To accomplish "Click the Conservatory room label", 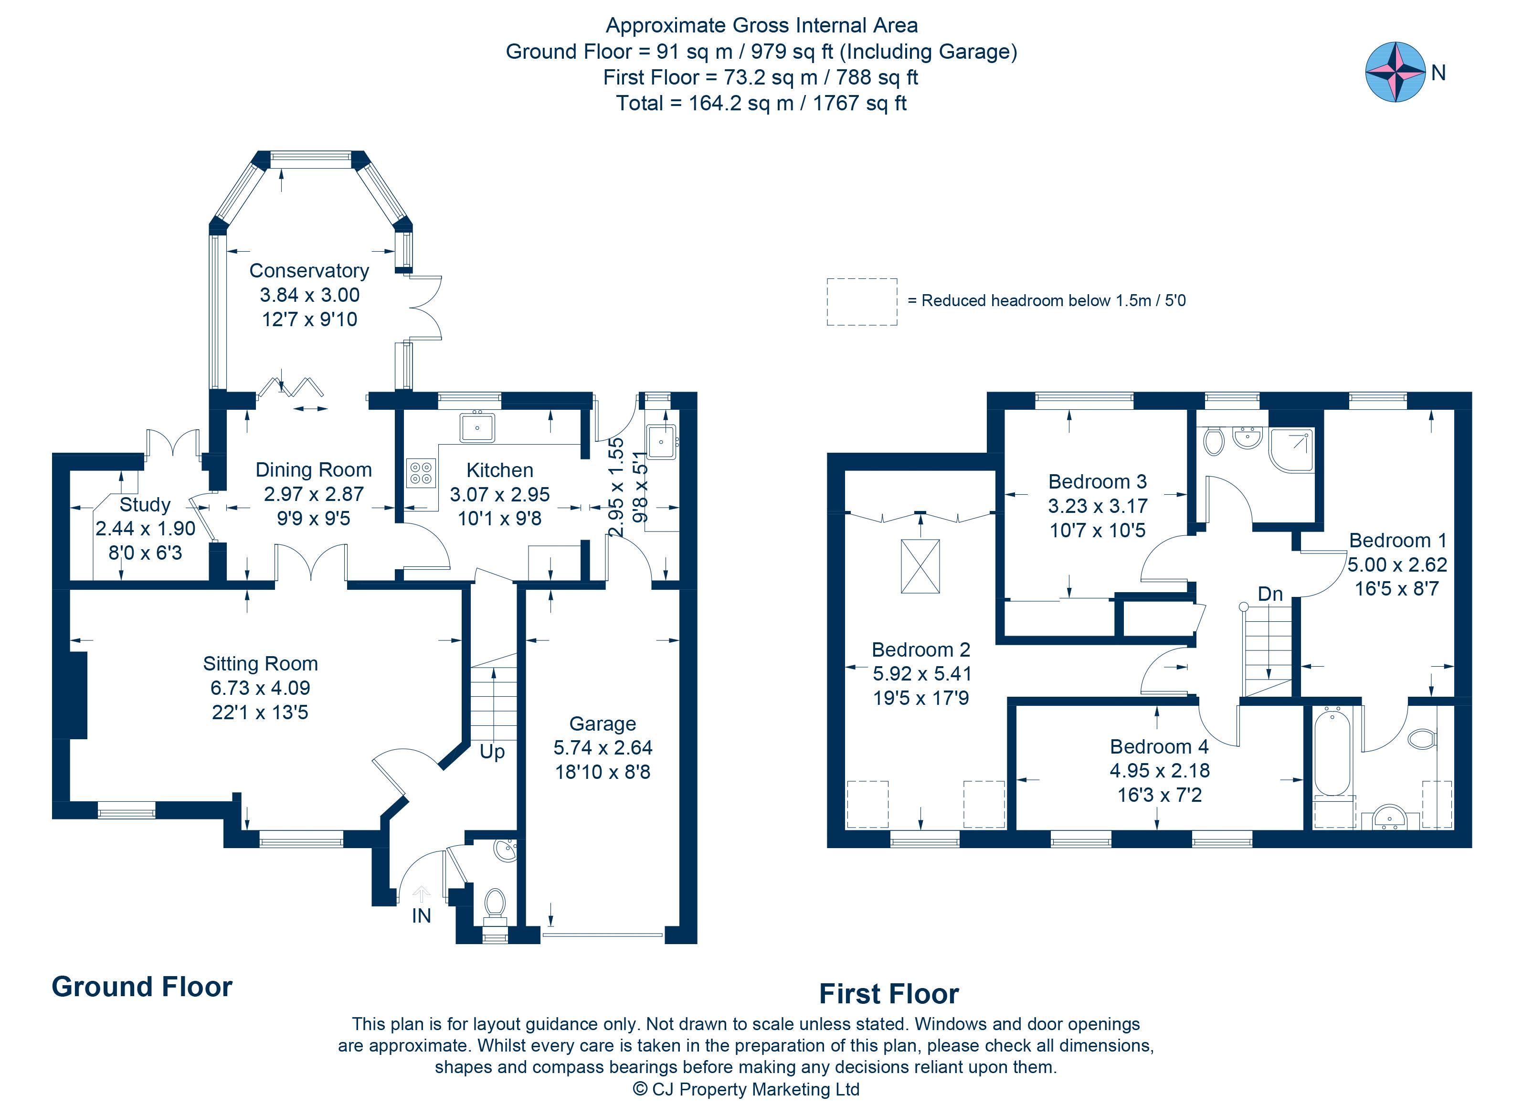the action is point(309,271).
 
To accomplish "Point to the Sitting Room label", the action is point(261,663).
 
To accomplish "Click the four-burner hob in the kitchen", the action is point(421,473).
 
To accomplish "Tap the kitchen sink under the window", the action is point(477,426).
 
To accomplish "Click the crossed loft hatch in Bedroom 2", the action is point(920,566).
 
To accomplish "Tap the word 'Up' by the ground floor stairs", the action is point(492,752).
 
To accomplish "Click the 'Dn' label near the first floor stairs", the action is point(1270,594).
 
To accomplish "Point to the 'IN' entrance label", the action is point(421,916).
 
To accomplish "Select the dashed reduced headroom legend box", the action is point(862,302).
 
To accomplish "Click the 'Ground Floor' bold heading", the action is point(142,987).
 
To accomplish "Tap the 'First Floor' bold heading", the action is point(889,994).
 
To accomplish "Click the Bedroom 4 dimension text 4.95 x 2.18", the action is point(1160,770).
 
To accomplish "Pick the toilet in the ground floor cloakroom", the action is point(495,903).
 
